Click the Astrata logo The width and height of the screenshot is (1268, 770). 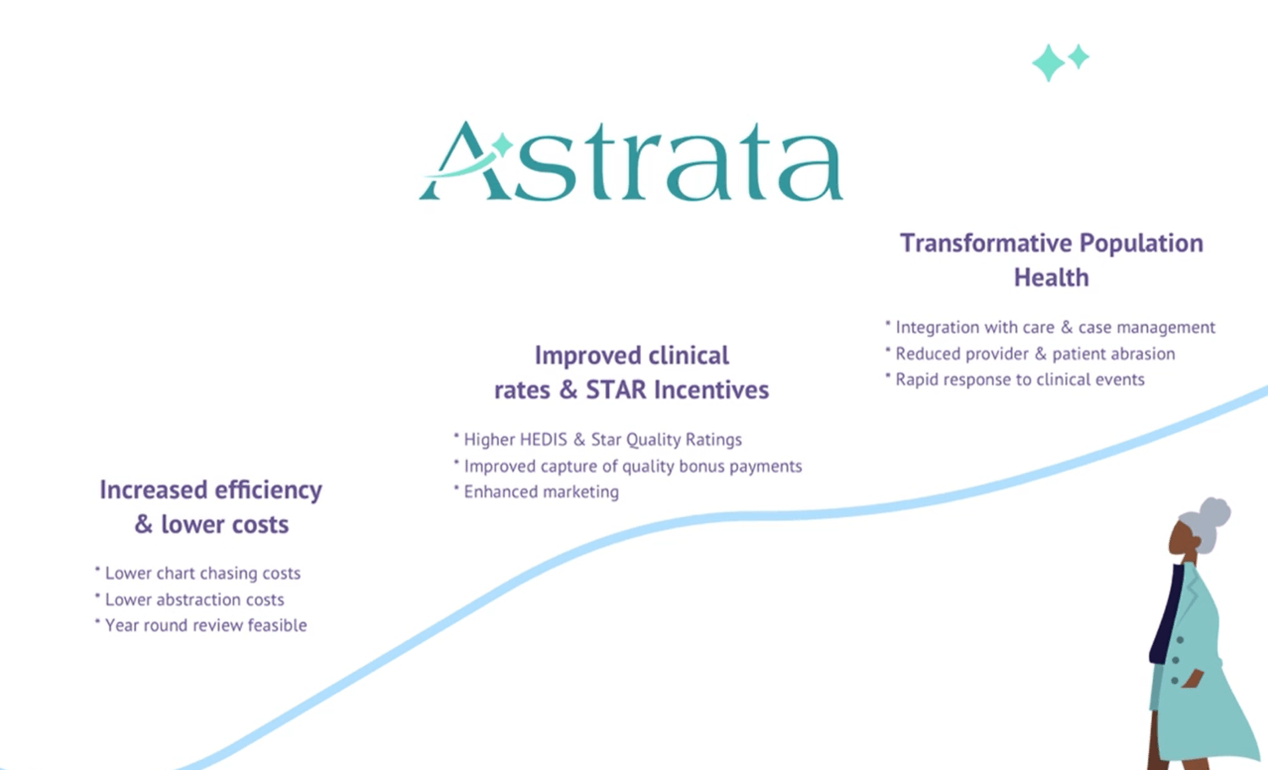(631, 161)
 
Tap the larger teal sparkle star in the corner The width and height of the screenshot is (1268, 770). (1048, 63)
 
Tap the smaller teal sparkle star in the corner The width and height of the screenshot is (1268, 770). (1079, 57)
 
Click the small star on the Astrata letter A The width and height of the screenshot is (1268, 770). (501, 145)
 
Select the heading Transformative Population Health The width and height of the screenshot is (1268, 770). (1052, 260)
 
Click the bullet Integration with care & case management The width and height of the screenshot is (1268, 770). (1050, 327)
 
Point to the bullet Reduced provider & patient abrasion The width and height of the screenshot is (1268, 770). (1030, 354)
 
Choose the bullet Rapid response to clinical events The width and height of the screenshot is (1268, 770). (1015, 380)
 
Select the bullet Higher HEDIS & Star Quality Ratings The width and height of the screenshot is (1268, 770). (598, 440)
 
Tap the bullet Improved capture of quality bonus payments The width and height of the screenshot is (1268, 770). (628, 466)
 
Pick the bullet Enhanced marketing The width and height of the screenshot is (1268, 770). (536, 492)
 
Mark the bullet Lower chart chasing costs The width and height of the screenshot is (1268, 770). (198, 574)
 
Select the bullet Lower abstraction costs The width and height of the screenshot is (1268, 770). (189, 599)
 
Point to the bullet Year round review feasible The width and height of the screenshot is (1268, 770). (201, 625)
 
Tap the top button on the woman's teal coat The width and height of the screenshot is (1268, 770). (1180, 640)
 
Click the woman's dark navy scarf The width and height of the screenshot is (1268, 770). (1166, 614)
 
